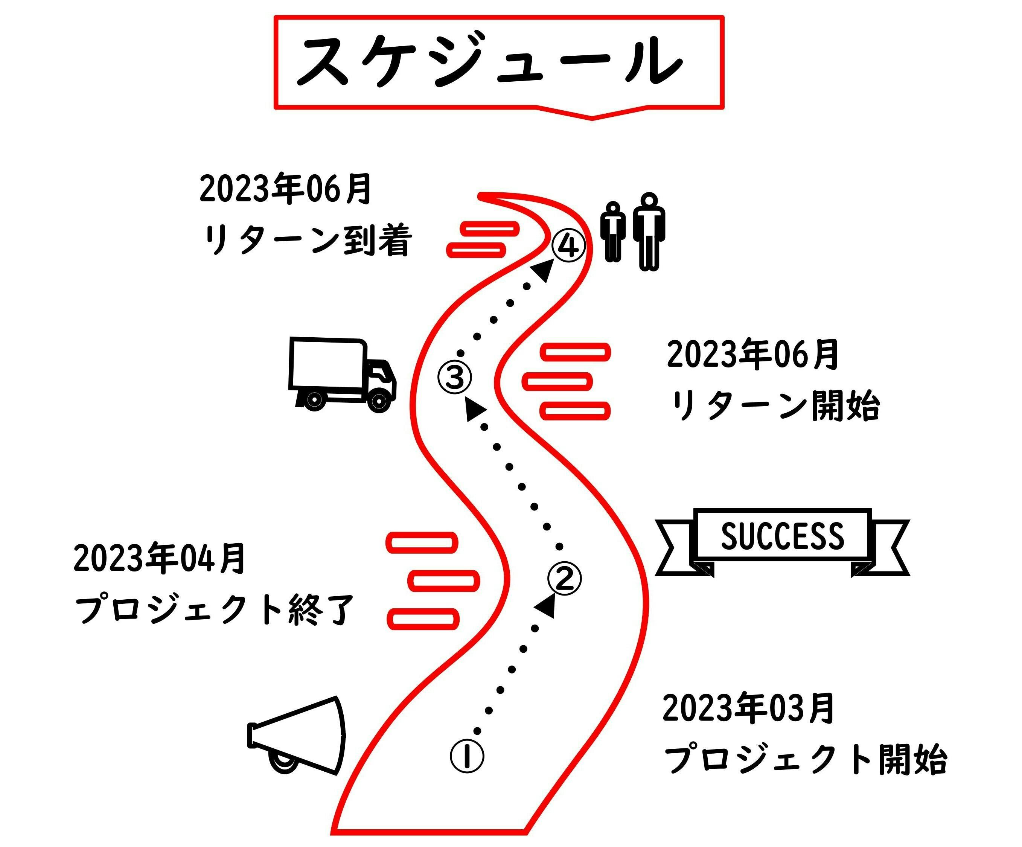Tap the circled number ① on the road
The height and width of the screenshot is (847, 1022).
click(x=467, y=756)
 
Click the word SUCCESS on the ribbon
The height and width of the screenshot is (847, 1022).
click(x=782, y=536)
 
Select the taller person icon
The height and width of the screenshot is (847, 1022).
click(x=649, y=231)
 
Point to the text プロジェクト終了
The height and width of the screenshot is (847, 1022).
click(x=214, y=609)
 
